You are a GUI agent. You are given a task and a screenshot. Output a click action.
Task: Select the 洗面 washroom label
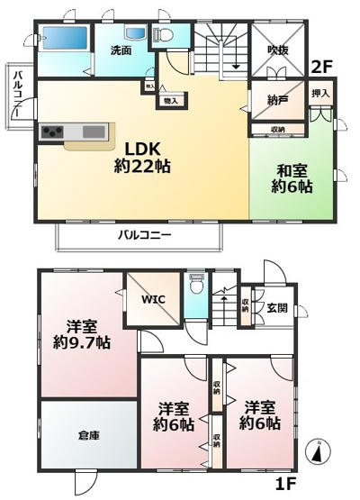121,50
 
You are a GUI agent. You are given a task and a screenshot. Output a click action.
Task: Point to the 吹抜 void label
277,50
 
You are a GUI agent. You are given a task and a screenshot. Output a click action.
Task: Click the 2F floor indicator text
321,67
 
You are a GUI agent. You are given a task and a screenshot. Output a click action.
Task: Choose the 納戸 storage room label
277,99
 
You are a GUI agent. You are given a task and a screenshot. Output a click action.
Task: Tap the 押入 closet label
320,94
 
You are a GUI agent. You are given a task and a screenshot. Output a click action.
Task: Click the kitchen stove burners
51,133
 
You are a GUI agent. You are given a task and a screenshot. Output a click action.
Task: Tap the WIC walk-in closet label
152,298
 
